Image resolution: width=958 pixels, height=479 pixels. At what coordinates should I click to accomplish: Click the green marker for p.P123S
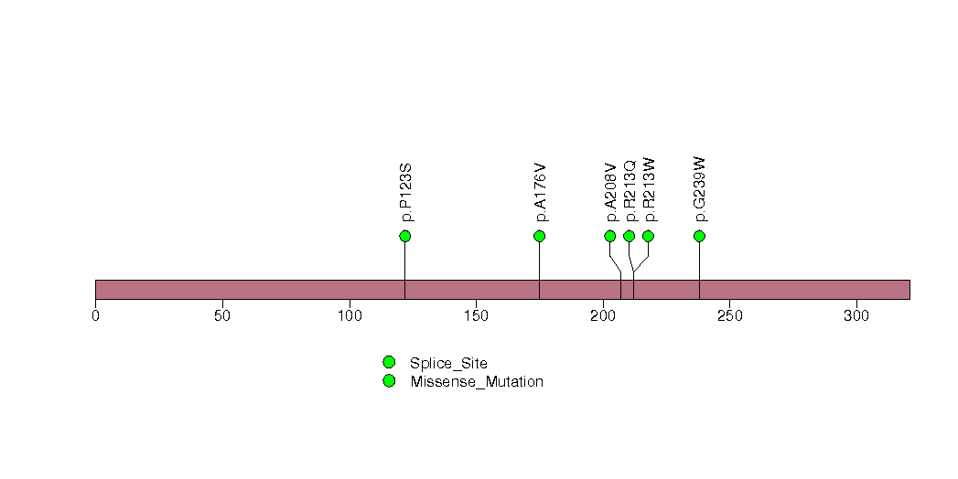[x=405, y=236]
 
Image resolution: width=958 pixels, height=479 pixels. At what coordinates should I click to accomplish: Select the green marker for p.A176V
[x=539, y=236]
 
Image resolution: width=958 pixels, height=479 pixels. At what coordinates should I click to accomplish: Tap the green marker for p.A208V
[x=610, y=236]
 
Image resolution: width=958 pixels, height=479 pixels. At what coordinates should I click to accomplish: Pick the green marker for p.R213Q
[x=629, y=236]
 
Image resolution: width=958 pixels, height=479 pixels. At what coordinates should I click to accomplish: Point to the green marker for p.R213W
[x=648, y=236]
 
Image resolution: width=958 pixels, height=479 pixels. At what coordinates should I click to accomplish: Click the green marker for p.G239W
[x=699, y=236]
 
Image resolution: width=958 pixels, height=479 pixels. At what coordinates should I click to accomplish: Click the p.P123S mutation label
[x=407, y=193]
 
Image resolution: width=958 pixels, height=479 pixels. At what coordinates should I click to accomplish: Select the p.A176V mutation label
[x=541, y=193]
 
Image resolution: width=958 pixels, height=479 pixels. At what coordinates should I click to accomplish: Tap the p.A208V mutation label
[x=611, y=193]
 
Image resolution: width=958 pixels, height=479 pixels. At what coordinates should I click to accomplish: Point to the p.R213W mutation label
[x=650, y=190]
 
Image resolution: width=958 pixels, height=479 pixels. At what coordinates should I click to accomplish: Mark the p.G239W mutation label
[x=701, y=189]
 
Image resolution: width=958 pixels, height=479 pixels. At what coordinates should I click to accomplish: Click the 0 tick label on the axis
[x=95, y=315]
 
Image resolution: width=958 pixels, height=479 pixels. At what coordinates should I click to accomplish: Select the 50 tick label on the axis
[x=221, y=315]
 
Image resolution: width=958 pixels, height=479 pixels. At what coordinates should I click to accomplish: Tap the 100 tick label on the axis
[x=349, y=315]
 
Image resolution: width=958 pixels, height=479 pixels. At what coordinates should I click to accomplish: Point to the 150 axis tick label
[x=476, y=315]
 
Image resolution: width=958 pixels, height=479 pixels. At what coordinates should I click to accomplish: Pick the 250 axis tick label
[x=729, y=315]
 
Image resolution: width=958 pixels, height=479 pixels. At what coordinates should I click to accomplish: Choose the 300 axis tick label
[x=856, y=315]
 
